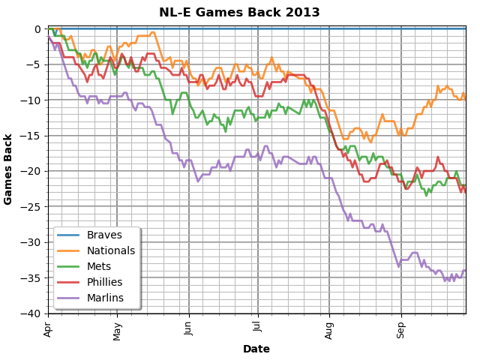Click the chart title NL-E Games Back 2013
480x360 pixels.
(x=239, y=13)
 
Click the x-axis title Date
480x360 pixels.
(x=256, y=349)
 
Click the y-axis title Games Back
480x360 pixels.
(x=9, y=169)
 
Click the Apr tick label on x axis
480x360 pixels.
(x=48, y=328)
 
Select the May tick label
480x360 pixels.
(x=117, y=330)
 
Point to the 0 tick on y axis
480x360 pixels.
(x=37, y=29)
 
